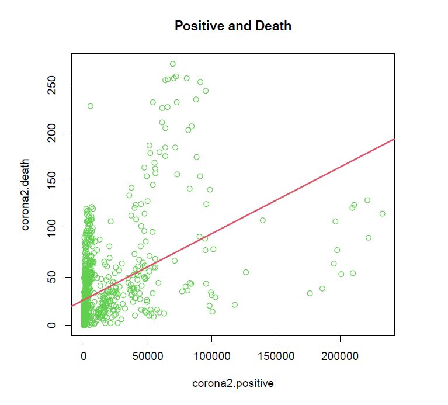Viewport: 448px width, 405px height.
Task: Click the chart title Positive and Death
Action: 233,26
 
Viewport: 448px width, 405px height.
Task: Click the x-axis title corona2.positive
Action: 233,383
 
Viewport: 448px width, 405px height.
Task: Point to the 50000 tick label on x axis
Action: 148,356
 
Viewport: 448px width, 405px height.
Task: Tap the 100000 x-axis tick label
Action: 211,356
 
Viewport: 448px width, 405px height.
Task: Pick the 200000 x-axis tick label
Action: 339,356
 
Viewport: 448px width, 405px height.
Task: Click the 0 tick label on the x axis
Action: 84,356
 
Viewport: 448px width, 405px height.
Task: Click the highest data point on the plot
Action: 173,64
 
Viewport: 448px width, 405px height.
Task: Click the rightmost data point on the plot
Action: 382,214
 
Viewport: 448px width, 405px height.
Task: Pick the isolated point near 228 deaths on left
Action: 91,106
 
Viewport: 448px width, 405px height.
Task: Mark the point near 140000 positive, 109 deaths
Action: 263,220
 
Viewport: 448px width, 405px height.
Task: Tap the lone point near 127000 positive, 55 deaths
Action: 246,272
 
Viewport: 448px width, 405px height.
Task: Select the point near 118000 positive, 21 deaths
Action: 235,305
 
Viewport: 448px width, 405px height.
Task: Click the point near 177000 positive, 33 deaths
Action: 310,293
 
